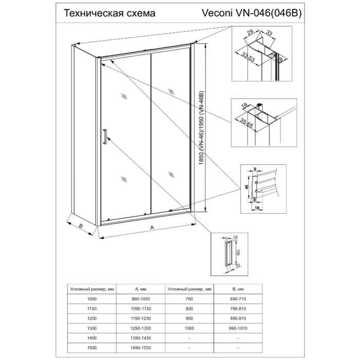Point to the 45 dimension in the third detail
[247, 188]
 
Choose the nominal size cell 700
[189, 298]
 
